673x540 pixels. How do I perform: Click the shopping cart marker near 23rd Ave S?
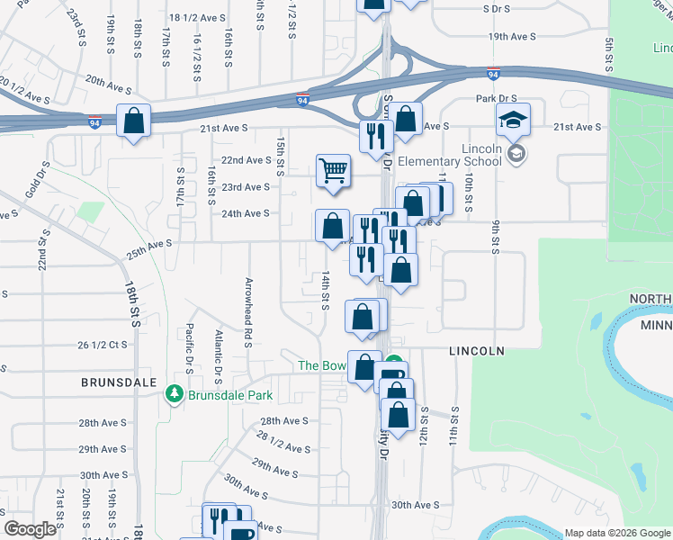(333, 169)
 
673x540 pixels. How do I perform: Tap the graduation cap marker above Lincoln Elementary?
(513, 120)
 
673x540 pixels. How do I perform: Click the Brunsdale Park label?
(229, 394)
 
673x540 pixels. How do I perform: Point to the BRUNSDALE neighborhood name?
(112, 382)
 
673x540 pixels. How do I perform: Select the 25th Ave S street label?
(148, 249)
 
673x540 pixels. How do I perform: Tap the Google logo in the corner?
(31, 529)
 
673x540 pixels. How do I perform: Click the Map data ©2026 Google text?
(616, 533)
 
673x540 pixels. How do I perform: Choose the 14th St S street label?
(327, 289)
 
